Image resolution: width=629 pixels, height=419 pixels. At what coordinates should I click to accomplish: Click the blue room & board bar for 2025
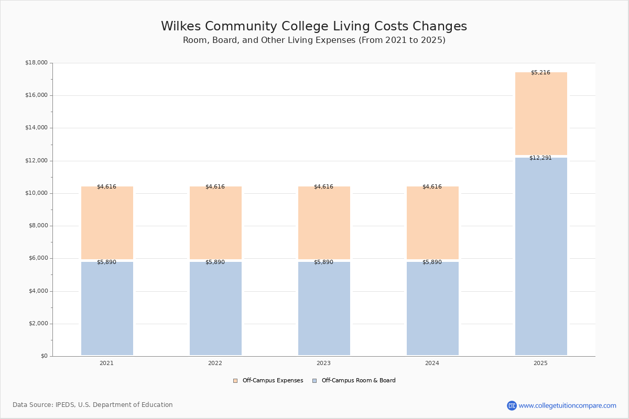(541, 256)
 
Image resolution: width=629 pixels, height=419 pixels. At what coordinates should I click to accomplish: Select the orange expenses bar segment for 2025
(541, 114)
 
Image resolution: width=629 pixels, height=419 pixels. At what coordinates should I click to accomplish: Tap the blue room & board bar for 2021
(107, 308)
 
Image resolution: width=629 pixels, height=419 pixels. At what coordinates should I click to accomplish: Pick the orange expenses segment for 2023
(324, 223)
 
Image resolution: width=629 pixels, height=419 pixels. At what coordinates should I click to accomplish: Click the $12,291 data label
(540, 158)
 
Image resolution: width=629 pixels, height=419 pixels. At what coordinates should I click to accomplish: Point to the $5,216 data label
(540, 73)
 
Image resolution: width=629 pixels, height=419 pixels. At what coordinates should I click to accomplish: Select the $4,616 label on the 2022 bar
(215, 186)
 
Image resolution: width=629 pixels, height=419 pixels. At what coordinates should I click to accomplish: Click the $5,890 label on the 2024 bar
(432, 262)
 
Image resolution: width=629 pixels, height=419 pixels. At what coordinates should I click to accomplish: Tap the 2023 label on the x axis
(323, 363)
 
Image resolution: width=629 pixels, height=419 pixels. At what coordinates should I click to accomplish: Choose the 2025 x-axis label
(540, 363)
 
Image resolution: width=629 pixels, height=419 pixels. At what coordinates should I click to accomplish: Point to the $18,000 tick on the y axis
(37, 62)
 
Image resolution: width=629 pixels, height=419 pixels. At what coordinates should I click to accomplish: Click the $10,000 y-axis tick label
(37, 193)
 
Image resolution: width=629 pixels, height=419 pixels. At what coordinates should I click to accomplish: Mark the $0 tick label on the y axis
(45, 356)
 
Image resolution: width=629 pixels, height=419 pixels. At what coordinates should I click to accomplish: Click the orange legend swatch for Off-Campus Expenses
(235, 381)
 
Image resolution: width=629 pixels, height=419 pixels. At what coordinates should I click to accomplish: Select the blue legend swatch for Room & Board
(314, 381)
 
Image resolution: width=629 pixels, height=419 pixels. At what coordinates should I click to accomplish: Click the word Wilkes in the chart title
(181, 26)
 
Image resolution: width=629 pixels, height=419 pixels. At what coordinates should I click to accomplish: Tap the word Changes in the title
(440, 27)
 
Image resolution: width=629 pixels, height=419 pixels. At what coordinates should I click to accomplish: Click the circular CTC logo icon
(512, 405)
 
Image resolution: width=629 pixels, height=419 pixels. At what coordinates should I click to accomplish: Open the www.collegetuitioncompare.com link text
(568, 406)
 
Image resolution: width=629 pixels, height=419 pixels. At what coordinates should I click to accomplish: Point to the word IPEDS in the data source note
(66, 405)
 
